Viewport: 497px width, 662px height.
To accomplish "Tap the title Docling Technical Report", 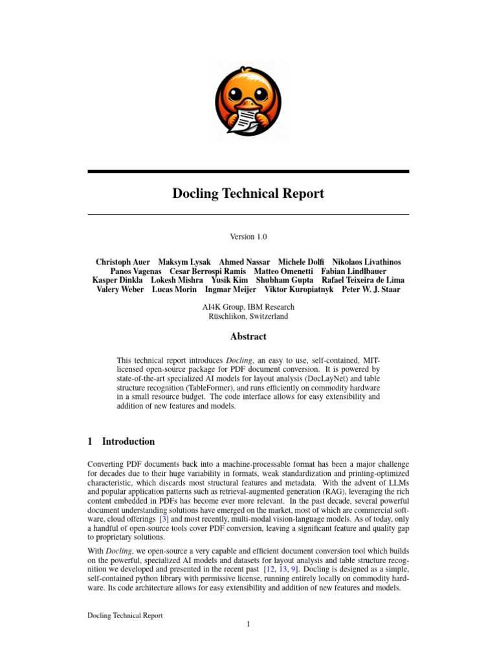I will pyautogui.click(x=248, y=193).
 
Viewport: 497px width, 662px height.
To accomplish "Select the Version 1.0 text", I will pyautogui.click(x=248, y=237).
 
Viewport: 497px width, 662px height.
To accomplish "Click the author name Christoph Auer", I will pyautogui.click(x=122, y=262).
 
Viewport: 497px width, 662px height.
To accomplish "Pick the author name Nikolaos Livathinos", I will pyautogui.click(x=366, y=262).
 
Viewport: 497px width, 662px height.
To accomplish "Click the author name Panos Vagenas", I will pyautogui.click(x=135, y=272).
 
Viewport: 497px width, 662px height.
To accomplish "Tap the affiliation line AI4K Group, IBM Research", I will pyautogui.click(x=248, y=306).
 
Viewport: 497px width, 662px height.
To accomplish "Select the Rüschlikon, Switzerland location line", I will pyautogui.click(x=248, y=316).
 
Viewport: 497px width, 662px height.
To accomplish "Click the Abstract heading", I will pyautogui.click(x=248, y=336).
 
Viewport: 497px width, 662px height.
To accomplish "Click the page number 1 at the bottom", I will pyautogui.click(x=248, y=624).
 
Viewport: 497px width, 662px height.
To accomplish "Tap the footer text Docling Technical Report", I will pyautogui.click(x=125, y=615).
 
